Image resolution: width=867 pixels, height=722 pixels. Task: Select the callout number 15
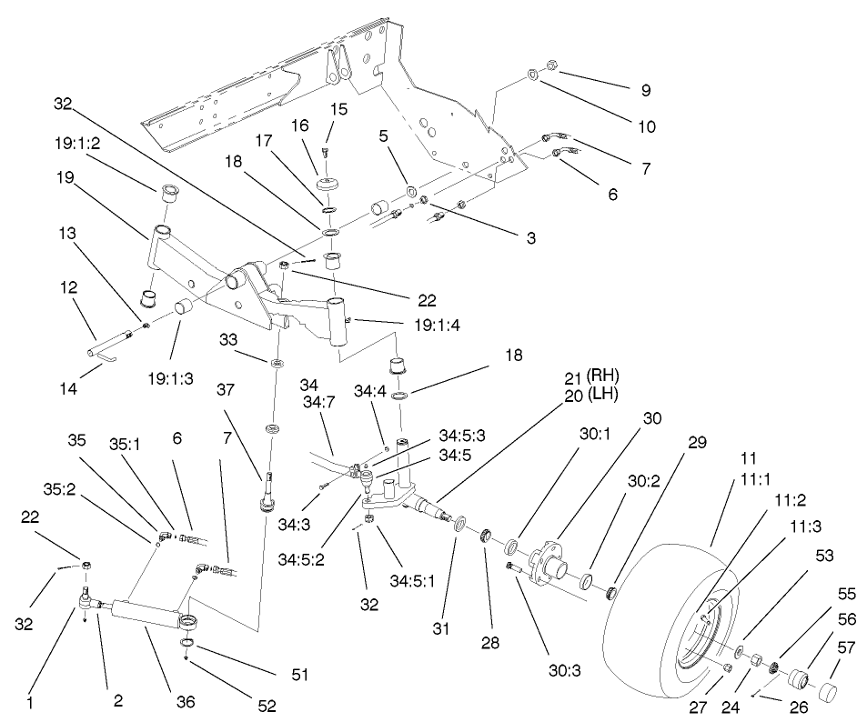[339, 108]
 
